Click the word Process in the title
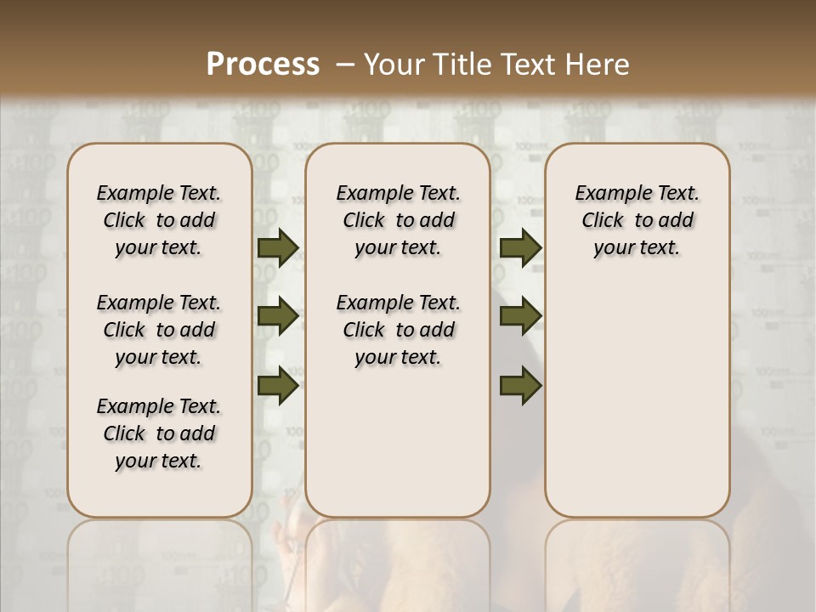263,65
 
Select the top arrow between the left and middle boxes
278,248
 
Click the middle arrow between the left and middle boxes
278,317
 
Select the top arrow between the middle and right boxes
520,248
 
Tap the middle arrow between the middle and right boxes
520,317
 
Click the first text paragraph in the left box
159,220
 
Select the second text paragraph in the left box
159,330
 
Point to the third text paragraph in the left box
159,433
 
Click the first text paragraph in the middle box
398,220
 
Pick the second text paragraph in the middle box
398,330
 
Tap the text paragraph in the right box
637,220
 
